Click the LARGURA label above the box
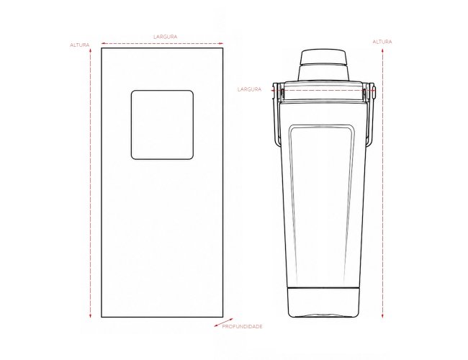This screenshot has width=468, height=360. (x=165, y=37)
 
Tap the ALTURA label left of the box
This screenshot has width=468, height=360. (x=79, y=45)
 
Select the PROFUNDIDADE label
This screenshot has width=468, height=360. (x=242, y=326)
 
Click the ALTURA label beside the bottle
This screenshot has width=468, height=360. (x=382, y=42)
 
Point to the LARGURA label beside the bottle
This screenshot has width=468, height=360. (x=249, y=89)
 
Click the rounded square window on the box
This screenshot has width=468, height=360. (x=162, y=125)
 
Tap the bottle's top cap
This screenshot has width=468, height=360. (x=323, y=57)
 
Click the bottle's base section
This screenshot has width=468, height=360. (x=323, y=302)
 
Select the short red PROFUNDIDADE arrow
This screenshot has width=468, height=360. (x=223, y=323)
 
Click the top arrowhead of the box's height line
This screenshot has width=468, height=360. (x=90, y=50)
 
